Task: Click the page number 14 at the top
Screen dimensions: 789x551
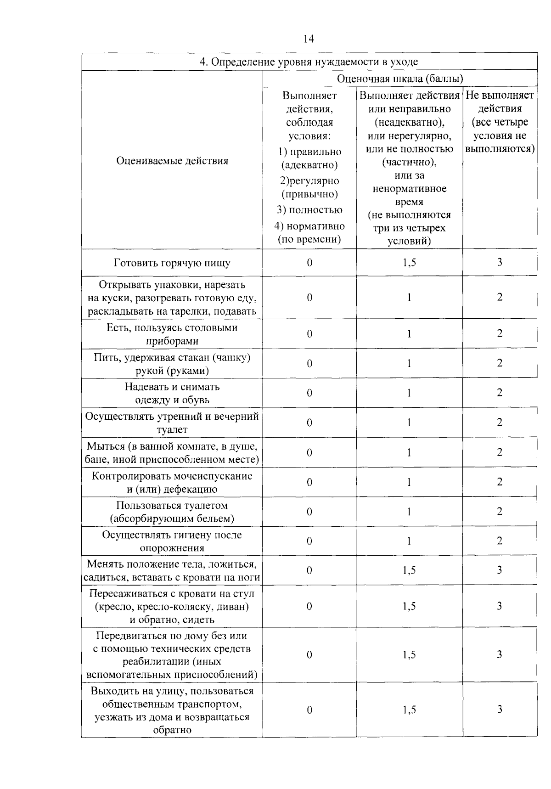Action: coord(309,39)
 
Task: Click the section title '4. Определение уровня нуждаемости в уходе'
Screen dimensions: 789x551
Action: coord(309,62)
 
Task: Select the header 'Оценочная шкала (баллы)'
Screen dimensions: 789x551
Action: coord(399,79)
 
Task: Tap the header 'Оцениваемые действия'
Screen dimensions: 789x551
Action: coord(172,161)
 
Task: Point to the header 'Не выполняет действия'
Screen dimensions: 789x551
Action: coord(500,102)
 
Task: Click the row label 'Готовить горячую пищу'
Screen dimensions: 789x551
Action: coord(172,263)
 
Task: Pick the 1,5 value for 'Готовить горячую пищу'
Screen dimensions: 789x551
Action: coord(409,262)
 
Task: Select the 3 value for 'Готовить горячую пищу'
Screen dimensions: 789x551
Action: coord(500,262)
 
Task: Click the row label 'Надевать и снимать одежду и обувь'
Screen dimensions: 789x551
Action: coord(172,393)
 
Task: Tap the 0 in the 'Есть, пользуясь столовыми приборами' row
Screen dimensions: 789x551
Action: coord(309,334)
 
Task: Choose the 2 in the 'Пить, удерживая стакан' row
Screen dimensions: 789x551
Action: coord(500,363)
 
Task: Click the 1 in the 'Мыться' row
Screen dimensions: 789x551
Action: coord(409,452)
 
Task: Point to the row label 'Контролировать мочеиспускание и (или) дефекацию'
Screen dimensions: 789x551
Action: coord(172,482)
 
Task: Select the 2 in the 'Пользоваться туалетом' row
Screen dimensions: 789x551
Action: coord(500,512)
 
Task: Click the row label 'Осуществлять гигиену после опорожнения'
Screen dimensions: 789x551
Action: coord(172,541)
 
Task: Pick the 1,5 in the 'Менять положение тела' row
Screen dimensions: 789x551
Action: coord(409,570)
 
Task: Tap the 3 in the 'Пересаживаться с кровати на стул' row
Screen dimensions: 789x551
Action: coord(500,606)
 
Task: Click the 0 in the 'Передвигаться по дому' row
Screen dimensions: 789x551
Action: coord(309,654)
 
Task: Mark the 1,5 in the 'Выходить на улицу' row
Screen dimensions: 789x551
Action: coord(409,710)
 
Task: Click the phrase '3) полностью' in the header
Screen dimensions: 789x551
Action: coord(309,210)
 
